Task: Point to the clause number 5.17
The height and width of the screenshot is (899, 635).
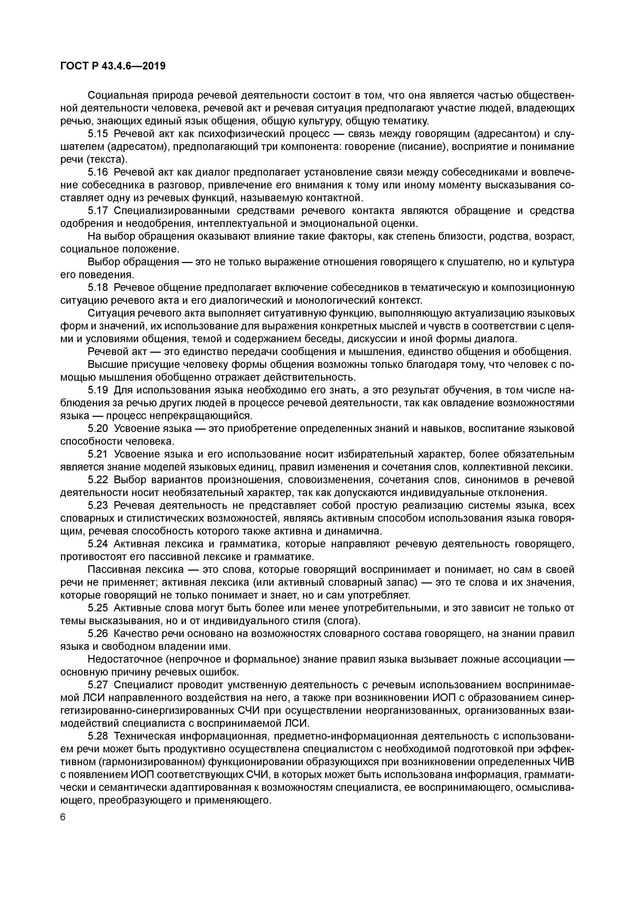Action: pyautogui.click(x=97, y=211)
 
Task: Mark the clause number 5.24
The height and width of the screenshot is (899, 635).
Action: pyautogui.click(x=97, y=544)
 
